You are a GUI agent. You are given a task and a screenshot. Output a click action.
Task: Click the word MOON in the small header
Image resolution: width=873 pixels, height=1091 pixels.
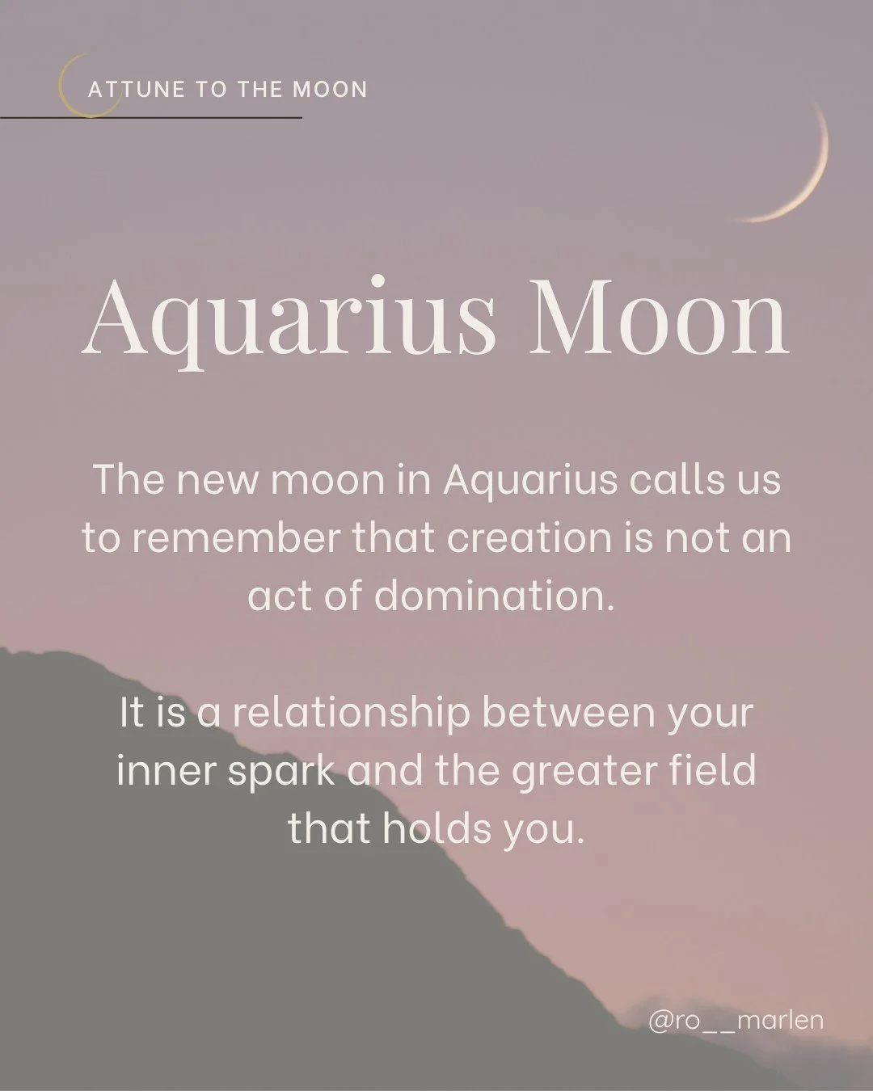[x=330, y=89]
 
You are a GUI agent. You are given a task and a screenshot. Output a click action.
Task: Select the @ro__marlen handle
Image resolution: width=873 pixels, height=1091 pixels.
[x=736, y=1020]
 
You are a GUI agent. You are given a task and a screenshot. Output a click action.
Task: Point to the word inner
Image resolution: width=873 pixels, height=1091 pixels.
[x=165, y=771]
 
